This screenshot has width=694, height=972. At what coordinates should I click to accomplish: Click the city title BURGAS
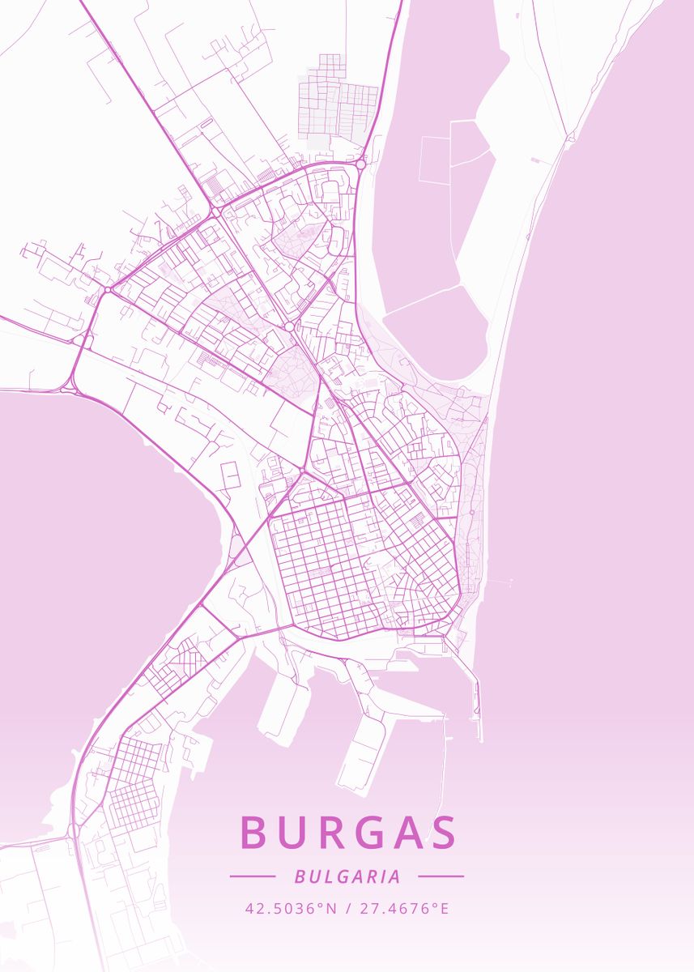point(348,833)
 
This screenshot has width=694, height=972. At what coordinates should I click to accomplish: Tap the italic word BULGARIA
point(347,876)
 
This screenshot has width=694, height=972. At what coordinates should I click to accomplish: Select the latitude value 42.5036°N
point(291,908)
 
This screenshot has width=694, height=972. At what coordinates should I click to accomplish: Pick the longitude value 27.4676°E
point(403,908)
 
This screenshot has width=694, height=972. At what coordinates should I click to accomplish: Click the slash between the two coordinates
point(347,908)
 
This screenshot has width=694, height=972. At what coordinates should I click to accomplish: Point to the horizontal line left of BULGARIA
point(253,876)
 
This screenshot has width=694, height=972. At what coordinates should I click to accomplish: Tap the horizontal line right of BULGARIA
point(441,876)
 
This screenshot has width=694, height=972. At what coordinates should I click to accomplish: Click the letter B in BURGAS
point(254,833)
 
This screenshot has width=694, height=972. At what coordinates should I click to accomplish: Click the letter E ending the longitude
point(444,908)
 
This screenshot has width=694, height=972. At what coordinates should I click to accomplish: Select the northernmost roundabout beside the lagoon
point(360,164)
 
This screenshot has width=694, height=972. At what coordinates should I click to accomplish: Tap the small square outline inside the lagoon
point(434,160)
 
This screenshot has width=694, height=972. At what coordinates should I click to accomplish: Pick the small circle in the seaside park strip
point(471,513)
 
